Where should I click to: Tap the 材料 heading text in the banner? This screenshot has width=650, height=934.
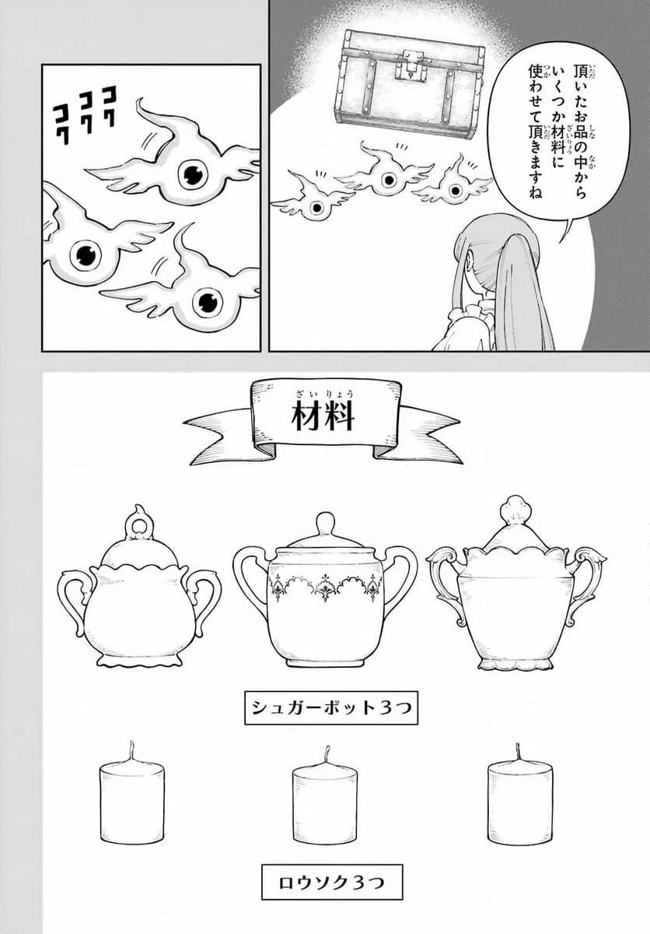coord(323,417)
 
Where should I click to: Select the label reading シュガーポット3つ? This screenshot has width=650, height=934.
coord(330,708)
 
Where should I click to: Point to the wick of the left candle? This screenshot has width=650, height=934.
coord(131,752)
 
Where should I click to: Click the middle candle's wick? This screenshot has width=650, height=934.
coord(327,756)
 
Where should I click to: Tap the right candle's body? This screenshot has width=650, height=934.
coord(519,802)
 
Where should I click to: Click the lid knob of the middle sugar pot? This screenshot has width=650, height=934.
coord(325,522)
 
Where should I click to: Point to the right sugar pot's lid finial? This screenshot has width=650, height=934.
coord(515,510)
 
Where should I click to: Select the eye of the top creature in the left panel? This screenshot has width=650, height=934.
coord(191,174)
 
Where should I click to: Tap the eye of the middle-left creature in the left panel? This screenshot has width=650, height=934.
coord(85,254)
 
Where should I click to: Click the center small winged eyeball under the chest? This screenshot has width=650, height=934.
coord(386,179)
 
